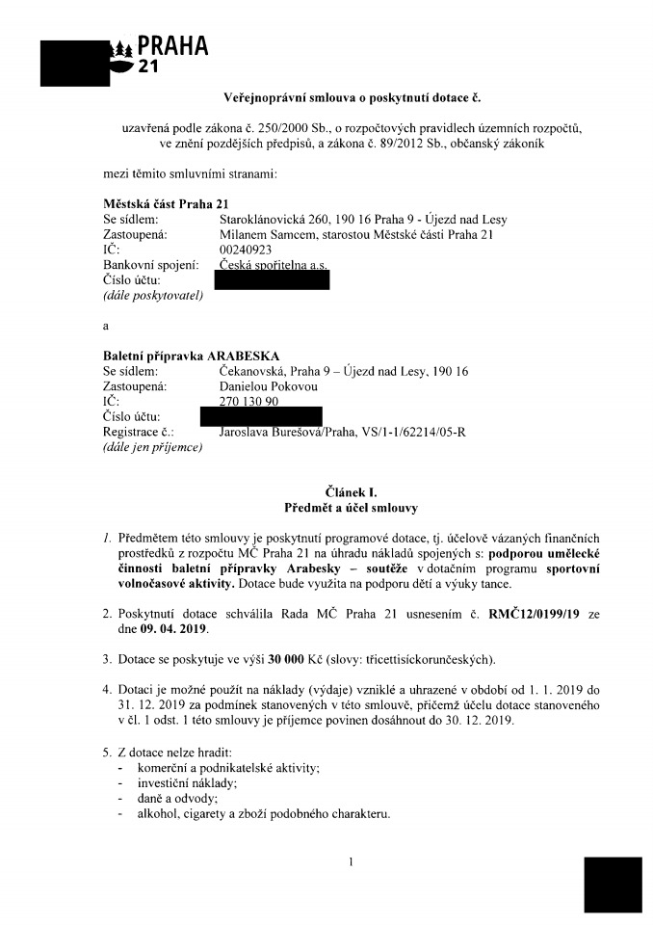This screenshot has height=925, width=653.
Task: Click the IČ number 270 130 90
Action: (x=249, y=402)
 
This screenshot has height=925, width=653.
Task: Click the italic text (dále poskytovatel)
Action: (x=153, y=295)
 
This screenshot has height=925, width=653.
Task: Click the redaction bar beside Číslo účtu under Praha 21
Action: (x=272, y=280)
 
